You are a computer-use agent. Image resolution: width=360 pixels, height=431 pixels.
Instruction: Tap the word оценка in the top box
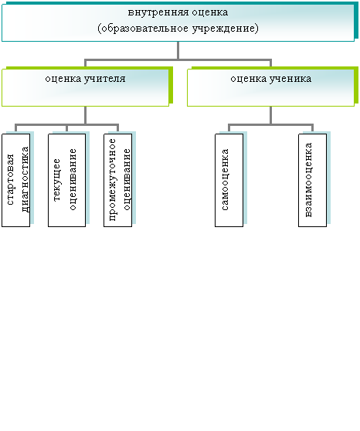tap(210, 12)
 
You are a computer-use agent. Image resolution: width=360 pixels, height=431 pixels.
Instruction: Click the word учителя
tap(105, 79)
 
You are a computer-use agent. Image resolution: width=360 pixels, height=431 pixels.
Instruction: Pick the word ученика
tap(290, 79)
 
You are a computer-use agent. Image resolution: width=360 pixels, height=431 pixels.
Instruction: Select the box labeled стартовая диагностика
tap(16, 180)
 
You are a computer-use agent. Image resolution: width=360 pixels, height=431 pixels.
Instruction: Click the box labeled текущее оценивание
tap(67, 180)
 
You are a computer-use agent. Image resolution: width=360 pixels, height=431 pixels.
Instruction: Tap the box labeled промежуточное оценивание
tap(118, 180)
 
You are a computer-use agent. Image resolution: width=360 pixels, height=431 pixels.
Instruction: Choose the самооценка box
tap(229, 180)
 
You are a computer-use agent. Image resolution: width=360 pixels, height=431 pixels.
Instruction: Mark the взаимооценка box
tap(313, 180)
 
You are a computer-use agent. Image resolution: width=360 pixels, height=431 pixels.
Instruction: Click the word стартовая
tap(10, 180)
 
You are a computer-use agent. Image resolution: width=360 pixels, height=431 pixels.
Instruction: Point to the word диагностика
tap(25, 179)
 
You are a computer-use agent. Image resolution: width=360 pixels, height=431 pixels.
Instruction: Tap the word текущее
tap(56, 180)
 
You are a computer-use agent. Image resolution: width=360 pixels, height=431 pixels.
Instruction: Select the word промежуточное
tap(112, 180)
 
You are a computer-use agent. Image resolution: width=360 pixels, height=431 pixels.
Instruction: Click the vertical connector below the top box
tap(178, 50)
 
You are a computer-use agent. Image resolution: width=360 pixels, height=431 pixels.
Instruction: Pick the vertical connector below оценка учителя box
tap(86, 115)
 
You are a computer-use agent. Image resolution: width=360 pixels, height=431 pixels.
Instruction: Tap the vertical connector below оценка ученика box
tap(271, 115)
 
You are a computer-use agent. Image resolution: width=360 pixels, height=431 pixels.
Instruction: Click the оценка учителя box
tap(86, 88)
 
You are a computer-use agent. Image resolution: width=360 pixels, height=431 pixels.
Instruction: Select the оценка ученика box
tap(271, 88)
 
